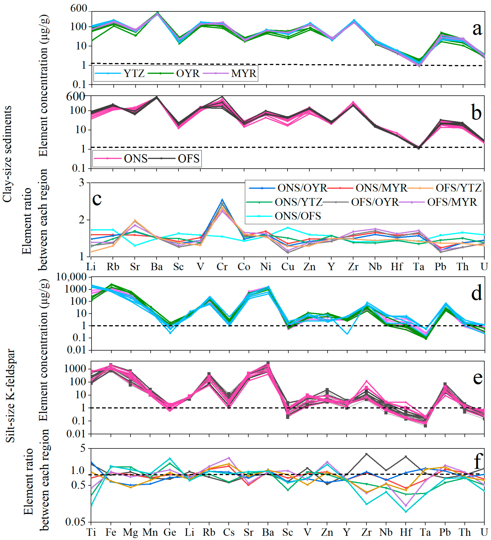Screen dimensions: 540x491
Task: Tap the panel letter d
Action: coord(476,293)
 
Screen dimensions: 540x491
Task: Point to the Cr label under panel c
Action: coord(222,267)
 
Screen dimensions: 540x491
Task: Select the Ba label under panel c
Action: coord(157,267)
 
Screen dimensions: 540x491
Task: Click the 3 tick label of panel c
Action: coord(81,183)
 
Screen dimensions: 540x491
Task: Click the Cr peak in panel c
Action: coord(222,199)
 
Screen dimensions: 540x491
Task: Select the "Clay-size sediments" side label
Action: coord(7,154)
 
